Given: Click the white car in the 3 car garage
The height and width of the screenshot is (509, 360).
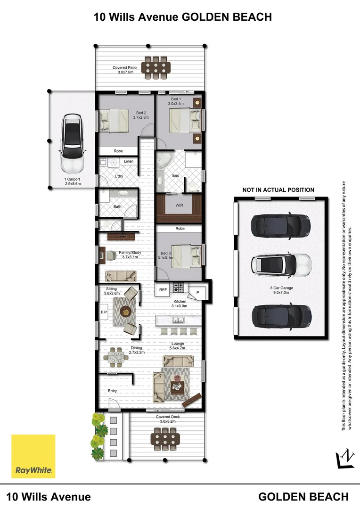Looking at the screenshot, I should [281, 266].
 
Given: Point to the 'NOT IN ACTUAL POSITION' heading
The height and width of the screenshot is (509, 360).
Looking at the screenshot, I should [278, 190].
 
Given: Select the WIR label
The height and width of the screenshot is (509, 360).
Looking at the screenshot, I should [179, 205].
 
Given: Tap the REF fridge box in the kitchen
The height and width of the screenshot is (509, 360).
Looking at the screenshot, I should [164, 290].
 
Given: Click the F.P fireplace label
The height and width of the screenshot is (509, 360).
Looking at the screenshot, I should [104, 312].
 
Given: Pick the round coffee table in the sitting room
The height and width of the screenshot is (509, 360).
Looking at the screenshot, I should [125, 311].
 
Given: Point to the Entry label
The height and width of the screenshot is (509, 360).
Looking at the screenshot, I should [112, 391].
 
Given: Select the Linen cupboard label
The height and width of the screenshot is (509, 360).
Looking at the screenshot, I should [129, 162].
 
